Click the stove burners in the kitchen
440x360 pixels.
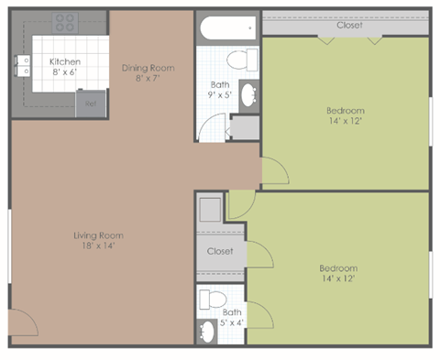click(x=64, y=21)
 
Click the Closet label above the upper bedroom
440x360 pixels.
click(x=348, y=25)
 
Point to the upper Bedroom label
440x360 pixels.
click(x=346, y=111)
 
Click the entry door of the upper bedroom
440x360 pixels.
click(x=273, y=170)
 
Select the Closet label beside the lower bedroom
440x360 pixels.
click(x=220, y=251)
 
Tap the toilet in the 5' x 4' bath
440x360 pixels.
click(x=213, y=299)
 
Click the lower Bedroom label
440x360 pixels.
click(x=336, y=267)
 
